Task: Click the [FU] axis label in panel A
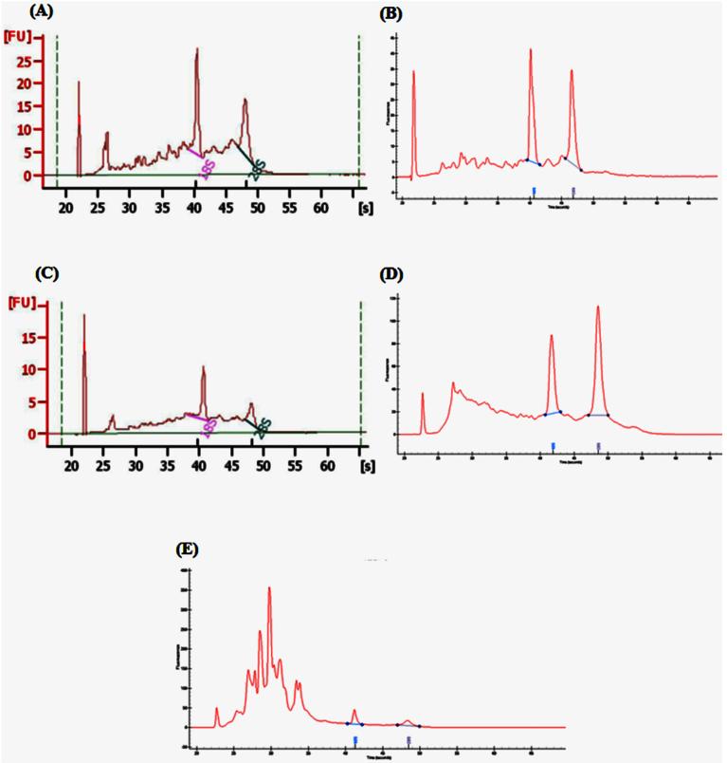point(19,37)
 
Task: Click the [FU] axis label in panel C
point(19,304)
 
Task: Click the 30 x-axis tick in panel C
point(136,467)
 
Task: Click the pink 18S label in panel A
point(205,164)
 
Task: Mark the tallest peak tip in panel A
point(197,49)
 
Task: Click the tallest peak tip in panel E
point(270,587)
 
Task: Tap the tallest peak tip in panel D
point(598,307)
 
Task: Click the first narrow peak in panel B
point(414,72)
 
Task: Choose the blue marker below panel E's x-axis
point(354,739)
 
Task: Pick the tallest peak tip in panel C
point(84,315)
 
